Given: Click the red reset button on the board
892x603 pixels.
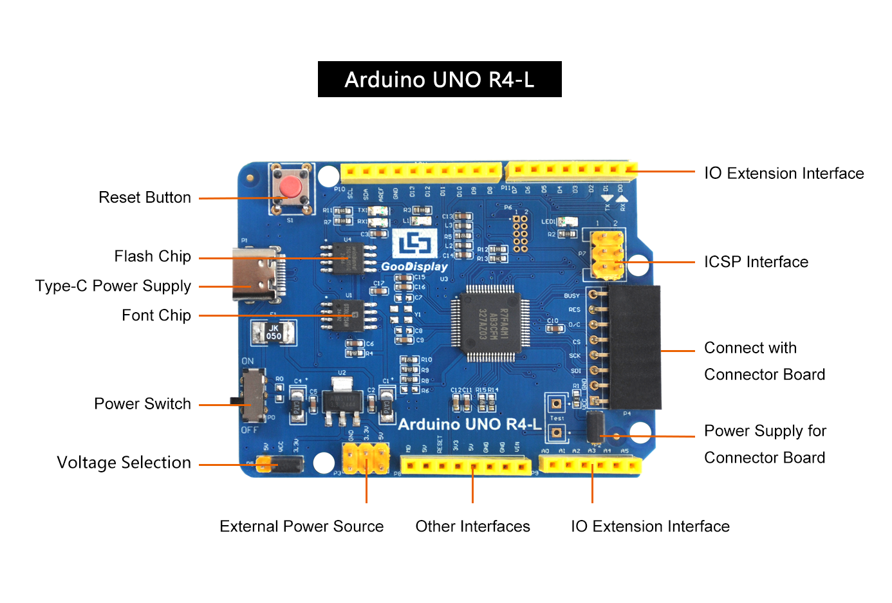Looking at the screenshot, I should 291,188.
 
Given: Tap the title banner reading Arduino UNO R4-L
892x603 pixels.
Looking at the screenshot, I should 440,79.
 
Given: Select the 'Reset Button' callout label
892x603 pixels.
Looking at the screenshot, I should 145,198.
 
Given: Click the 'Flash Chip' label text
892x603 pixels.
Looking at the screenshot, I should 153,257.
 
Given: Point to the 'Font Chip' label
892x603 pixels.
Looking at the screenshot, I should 156,315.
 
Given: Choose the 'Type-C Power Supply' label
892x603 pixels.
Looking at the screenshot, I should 113,286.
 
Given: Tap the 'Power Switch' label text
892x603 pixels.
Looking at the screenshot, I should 143,404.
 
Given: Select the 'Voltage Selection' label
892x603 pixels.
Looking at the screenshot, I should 124,463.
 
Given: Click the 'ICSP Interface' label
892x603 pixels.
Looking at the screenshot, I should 756,262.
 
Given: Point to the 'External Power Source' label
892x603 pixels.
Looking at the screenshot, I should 301,526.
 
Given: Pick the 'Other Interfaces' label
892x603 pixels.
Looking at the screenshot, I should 472,526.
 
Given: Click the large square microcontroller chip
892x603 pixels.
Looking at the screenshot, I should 490,322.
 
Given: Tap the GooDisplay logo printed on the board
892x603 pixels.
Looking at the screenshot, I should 414,251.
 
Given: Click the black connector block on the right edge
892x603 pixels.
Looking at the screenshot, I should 634,348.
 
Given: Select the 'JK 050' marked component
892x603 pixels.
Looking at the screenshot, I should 274,332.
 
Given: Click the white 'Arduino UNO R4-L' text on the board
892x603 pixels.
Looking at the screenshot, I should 470,424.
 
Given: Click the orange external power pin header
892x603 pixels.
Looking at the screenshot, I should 366,458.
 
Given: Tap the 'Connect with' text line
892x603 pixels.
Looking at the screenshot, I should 750,348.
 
